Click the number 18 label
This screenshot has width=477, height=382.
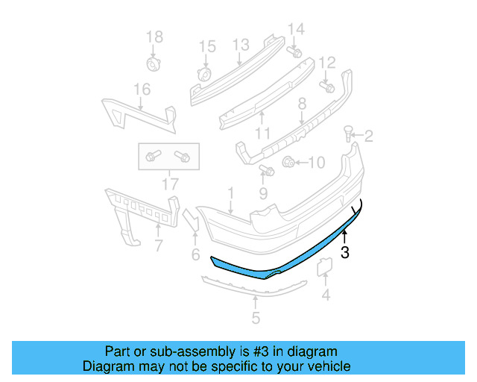154,37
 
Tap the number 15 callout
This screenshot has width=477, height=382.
206,47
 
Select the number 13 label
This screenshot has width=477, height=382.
240,46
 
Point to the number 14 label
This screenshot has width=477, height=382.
296,29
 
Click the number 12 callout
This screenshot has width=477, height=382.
327,62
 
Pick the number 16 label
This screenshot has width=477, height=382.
142,90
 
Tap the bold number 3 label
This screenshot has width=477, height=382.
345,253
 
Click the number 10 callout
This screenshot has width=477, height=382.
316,162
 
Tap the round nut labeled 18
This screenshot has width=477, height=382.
154,63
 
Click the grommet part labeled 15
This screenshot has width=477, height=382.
203,75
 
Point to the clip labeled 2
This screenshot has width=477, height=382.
348,134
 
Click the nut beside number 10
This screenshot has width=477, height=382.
288,160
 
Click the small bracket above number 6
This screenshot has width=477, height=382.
191,220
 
